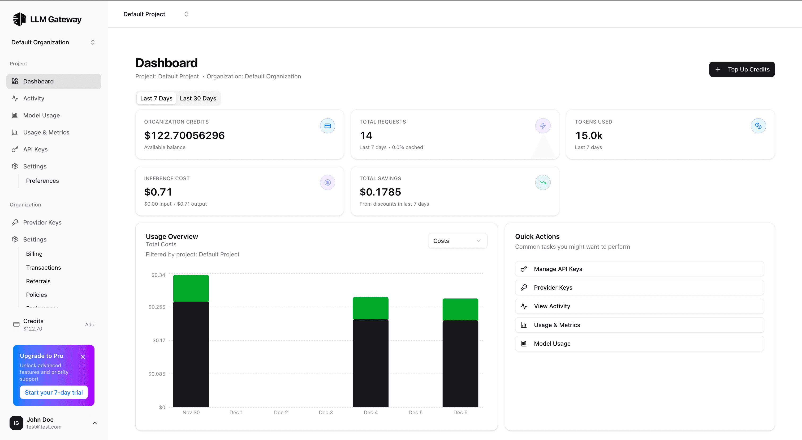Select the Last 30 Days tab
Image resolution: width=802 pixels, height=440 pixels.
point(198,98)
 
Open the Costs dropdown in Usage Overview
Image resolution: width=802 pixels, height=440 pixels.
point(457,240)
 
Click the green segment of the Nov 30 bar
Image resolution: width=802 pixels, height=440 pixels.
point(191,288)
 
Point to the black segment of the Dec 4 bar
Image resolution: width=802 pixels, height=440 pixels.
point(370,363)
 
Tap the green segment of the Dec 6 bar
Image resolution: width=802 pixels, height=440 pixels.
point(460,309)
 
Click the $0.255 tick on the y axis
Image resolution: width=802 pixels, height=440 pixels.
point(157,307)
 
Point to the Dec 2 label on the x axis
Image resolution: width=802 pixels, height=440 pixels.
point(281,412)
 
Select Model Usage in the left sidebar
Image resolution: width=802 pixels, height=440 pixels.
point(41,115)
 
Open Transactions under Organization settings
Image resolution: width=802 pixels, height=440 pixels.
point(44,267)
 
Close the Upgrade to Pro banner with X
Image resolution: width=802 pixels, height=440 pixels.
point(83,357)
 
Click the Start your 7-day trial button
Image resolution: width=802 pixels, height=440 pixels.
point(54,392)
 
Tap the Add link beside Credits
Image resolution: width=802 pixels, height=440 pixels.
point(90,324)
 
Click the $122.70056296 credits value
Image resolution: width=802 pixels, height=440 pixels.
point(184,135)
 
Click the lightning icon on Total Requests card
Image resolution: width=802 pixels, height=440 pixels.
point(542,126)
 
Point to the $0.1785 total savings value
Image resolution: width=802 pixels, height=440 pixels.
point(380,192)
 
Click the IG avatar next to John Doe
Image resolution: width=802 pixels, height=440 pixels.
point(16,423)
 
